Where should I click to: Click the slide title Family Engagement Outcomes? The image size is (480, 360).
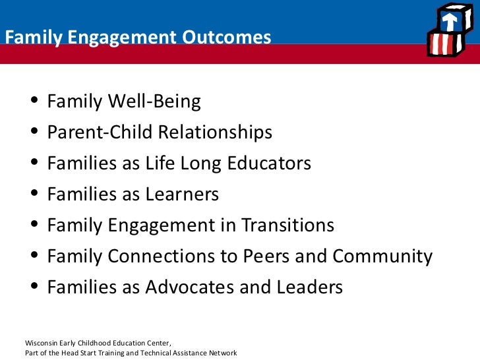138,38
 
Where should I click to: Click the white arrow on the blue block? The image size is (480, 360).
450,22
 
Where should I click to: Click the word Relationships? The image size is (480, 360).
215,133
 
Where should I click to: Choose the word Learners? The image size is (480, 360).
182,195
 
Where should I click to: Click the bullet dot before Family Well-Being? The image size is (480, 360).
34,102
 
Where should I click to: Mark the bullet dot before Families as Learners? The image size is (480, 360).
34,195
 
